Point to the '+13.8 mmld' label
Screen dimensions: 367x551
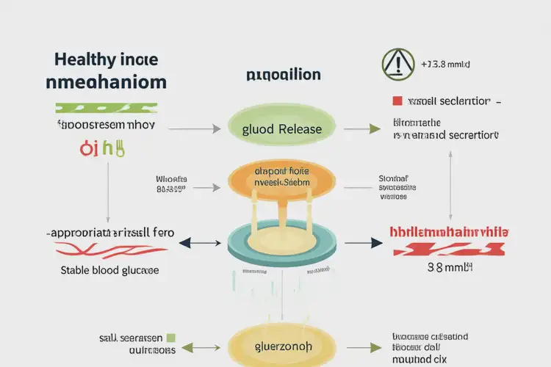click(445, 65)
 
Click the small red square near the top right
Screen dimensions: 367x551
click(397, 100)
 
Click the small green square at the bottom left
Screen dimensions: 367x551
click(171, 338)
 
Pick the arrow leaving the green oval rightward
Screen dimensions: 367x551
click(361, 128)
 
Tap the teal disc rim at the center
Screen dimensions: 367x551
click(281, 253)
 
